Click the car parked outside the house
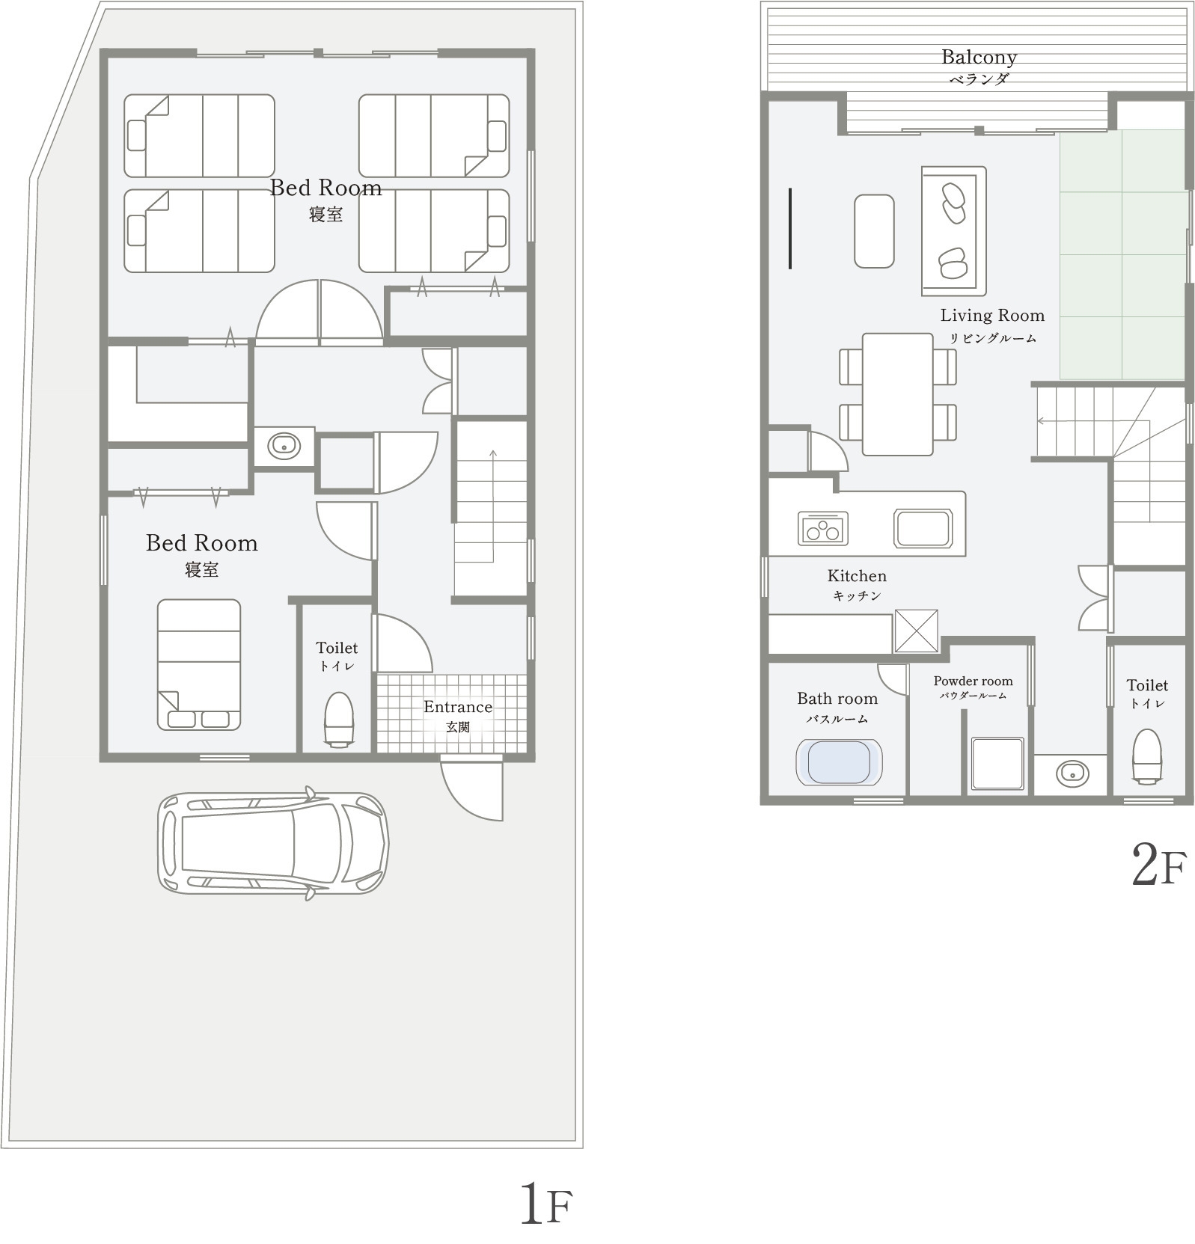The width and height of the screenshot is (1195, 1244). click(x=273, y=843)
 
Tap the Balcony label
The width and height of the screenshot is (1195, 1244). click(x=979, y=58)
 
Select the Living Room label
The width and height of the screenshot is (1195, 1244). click(x=992, y=316)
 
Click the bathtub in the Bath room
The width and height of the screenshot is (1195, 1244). click(x=839, y=762)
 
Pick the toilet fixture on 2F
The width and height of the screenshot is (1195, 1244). click(x=1147, y=756)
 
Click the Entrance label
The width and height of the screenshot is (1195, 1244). click(x=457, y=707)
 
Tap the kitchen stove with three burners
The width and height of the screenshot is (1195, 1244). click(x=823, y=528)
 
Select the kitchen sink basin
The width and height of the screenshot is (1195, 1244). click(x=923, y=528)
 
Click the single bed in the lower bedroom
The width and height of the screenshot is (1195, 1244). click(x=199, y=664)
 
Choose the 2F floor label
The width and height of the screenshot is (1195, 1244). click(x=1159, y=865)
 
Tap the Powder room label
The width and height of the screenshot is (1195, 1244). click(x=973, y=681)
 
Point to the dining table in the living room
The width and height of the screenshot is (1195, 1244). click(x=898, y=394)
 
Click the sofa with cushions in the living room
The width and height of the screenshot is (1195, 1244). click(x=953, y=230)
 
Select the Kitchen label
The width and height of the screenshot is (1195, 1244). click(x=857, y=576)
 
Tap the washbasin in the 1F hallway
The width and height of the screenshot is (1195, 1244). click(x=284, y=447)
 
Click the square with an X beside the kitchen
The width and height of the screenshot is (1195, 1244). click(x=916, y=631)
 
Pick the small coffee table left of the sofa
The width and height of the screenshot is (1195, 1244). click(x=874, y=231)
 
